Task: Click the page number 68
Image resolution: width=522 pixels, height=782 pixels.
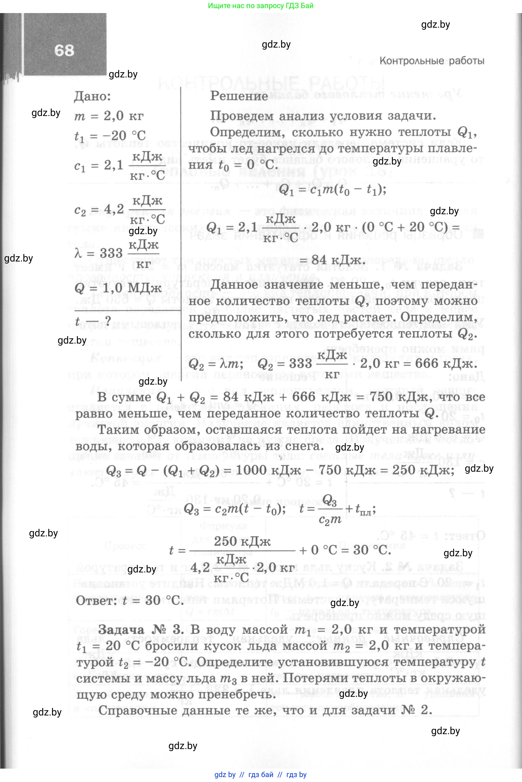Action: click(x=64, y=51)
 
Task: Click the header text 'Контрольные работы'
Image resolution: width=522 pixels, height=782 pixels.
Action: click(x=432, y=61)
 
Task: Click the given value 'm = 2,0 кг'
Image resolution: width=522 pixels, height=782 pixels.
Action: click(x=109, y=116)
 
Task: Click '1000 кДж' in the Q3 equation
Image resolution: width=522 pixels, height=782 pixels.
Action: click(x=268, y=470)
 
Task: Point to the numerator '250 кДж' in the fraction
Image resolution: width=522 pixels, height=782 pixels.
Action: click(x=242, y=541)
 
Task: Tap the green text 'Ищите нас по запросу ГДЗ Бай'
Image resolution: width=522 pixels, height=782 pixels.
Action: click(x=261, y=6)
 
